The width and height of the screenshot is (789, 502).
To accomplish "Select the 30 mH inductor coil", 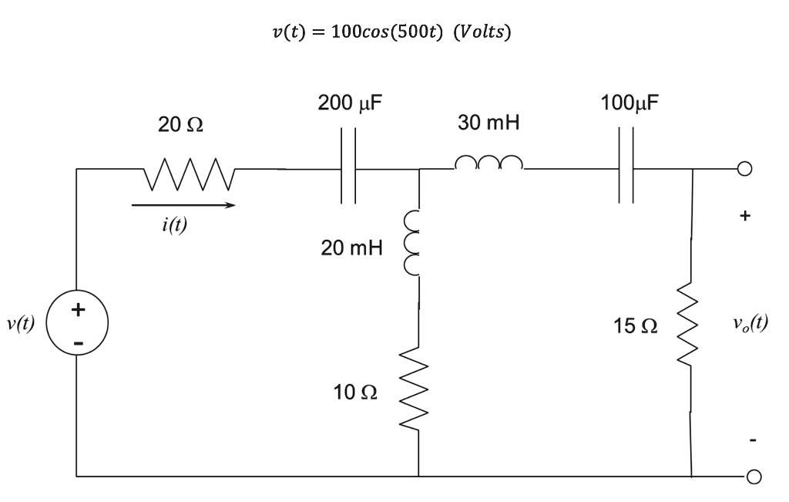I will [x=489, y=163].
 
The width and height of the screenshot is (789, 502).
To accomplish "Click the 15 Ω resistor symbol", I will [x=689, y=325].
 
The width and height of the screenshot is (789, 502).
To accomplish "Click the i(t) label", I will [x=175, y=226].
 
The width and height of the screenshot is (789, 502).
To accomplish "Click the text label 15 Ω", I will [x=636, y=326].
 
